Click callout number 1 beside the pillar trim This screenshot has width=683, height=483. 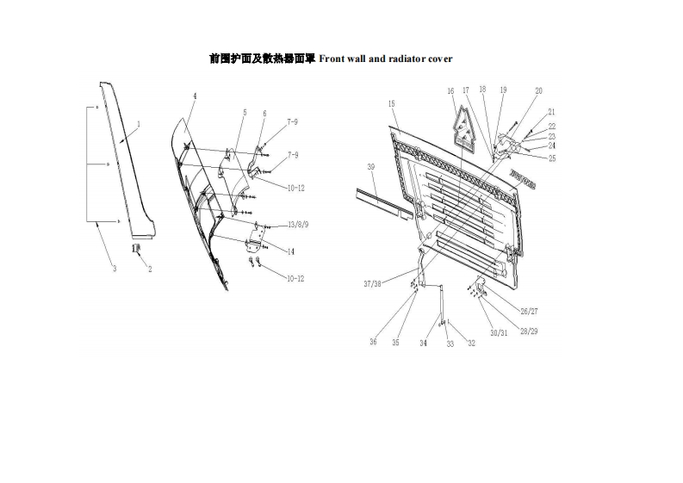tap(139, 124)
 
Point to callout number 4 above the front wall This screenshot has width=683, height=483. tap(195, 96)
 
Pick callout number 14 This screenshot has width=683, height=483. tap(291, 251)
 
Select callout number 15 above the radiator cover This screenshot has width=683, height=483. tap(392, 103)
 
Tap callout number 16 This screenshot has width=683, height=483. tap(450, 90)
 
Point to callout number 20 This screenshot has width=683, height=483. tap(538, 90)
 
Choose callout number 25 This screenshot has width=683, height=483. tap(551, 158)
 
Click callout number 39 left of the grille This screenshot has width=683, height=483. tap(370, 166)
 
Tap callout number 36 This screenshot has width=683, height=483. tap(374, 342)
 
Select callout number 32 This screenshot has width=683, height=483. tap(471, 343)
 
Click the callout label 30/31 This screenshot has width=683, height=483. tap(499, 333)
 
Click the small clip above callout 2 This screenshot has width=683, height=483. tap(135, 249)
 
